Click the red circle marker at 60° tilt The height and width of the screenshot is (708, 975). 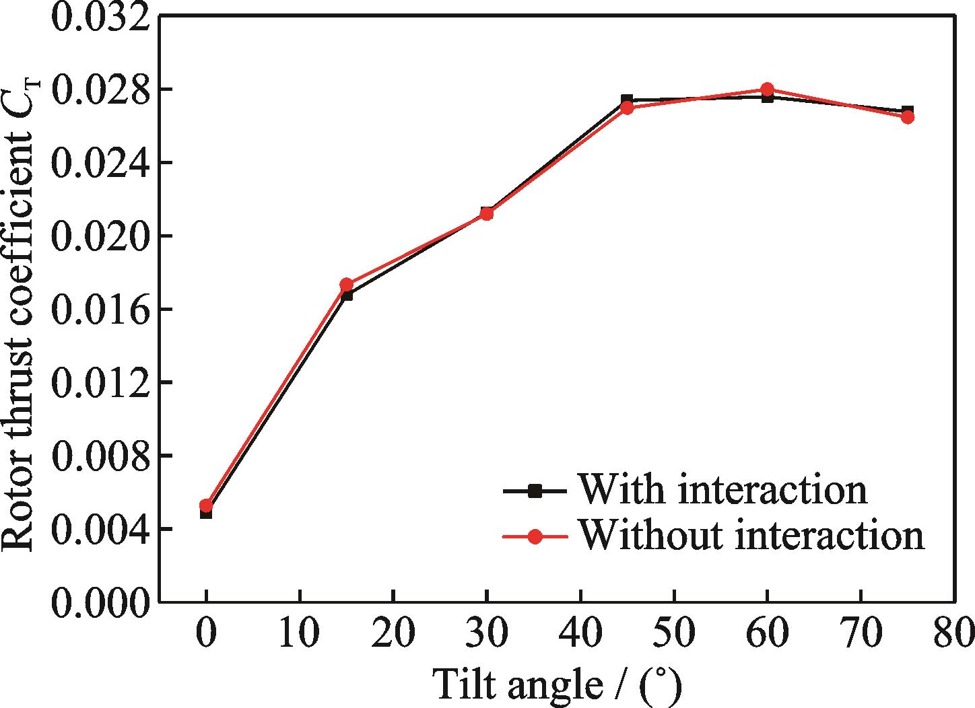coord(767,90)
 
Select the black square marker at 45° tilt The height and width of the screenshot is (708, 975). coord(627,100)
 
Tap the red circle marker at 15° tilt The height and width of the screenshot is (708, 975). coord(347,285)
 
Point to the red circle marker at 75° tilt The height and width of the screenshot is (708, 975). coord(907,117)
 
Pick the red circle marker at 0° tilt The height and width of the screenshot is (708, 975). coord(206,505)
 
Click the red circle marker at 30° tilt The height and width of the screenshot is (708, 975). coord(487,214)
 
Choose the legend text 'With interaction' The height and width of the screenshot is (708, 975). coord(722,489)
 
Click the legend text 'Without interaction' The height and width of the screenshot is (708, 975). coord(751,536)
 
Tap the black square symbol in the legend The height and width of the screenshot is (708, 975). coord(535,491)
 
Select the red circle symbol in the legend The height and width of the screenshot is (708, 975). coord(535,537)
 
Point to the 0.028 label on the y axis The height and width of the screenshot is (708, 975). coord(100,90)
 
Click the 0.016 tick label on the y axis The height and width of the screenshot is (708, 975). coord(100,309)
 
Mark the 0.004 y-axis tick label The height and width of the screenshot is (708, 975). coord(100,529)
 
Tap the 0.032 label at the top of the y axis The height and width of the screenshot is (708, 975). coord(100,17)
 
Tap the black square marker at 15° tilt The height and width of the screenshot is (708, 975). coord(347,295)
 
